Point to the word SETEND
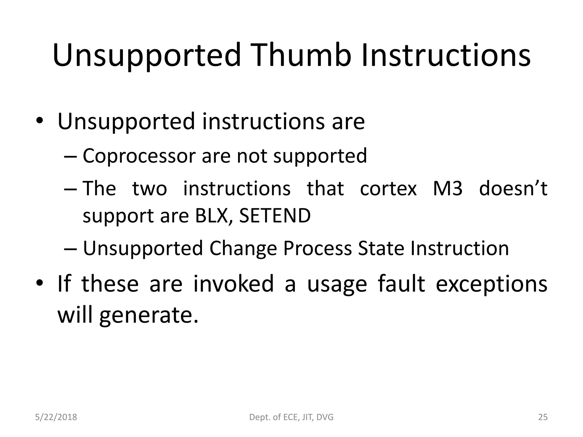click(275, 216)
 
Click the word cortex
click(388, 189)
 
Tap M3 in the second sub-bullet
click(447, 189)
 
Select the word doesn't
click(513, 189)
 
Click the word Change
click(243, 248)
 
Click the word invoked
click(233, 284)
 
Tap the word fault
click(401, 284)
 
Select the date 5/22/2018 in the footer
click(56, 417)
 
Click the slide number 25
click(543, 417)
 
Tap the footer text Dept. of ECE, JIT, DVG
click(291, 417)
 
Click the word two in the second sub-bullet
click(149, 189)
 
